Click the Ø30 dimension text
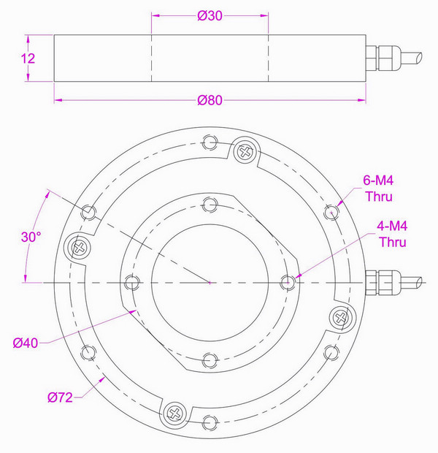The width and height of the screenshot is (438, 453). [210, 16]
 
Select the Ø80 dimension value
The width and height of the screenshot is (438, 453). [210, 102]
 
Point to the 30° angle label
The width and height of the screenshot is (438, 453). [31, 237]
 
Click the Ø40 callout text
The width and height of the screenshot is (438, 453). [26, 342]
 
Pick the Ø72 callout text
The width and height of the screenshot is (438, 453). [61, 397]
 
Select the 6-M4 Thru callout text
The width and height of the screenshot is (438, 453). [379, 188]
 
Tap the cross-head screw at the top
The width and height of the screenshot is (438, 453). [244, 152]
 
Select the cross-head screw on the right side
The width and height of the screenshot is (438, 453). [340, 317]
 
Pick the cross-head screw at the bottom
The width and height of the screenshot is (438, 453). [175, 412]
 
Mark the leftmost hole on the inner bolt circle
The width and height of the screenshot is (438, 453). [131, 281]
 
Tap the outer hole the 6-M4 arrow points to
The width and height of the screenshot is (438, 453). [332, 212]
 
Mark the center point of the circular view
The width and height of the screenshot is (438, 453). [210, 281]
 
